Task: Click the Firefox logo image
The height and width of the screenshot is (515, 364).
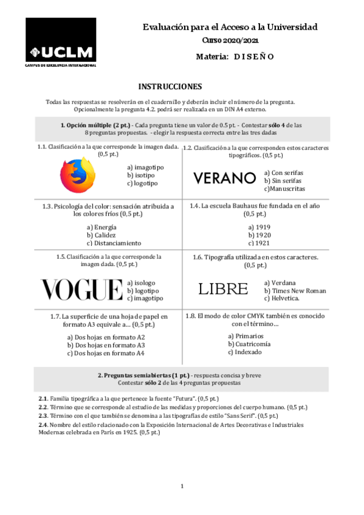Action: coord(78,175)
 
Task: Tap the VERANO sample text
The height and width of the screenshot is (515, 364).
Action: coord(224,178)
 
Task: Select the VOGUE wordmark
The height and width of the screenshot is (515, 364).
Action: coord(81,290)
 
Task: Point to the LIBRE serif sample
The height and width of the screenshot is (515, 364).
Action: coord(223,289)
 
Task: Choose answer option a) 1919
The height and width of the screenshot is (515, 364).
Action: coord(259,227)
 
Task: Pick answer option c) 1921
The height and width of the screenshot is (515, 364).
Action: coord(259,243)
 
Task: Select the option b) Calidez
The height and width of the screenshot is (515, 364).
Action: coord(101,234)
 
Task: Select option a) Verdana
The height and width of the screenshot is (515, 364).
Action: coord(280,282)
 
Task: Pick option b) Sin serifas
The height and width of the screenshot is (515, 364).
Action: coord(284,180)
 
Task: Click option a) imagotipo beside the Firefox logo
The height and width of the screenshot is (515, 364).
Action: coord(145,167)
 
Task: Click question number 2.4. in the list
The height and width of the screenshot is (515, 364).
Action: coord(43,425)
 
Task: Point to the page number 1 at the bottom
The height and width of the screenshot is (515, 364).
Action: coord(182,486)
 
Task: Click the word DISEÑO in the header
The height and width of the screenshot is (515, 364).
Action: coord(254,56)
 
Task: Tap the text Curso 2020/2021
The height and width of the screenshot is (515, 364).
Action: coord(230,40)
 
